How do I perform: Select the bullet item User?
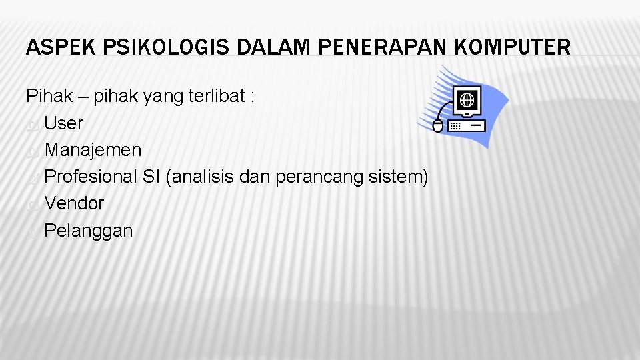64,123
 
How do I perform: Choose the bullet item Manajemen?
93,150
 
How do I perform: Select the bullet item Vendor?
74,203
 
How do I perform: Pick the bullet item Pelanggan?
89,231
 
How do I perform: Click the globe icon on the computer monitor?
467,100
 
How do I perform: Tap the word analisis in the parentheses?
205,177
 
